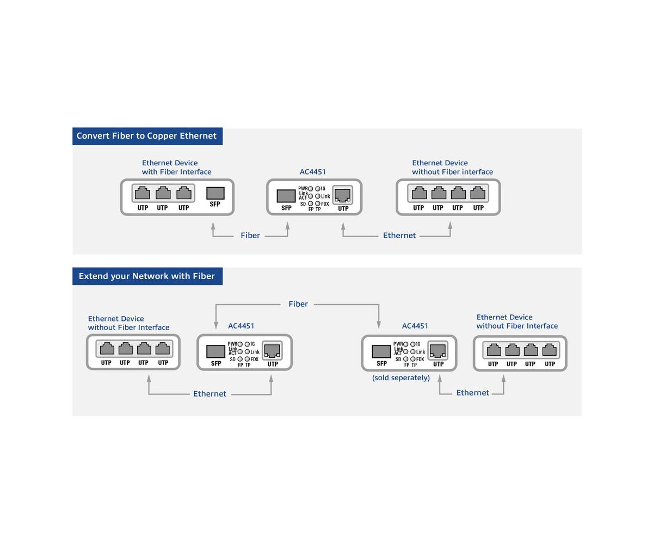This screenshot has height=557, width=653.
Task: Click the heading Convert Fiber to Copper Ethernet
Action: [x=146, y=136]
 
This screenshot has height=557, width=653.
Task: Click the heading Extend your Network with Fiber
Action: [x=146, y=276]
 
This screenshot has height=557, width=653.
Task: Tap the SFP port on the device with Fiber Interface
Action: [x=215, y=193]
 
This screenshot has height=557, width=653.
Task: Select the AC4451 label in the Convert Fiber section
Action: [x=312, y=172]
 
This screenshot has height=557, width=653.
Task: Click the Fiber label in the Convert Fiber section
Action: [x=250, y=235]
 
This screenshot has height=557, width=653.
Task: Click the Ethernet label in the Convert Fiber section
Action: [x=399, y=235]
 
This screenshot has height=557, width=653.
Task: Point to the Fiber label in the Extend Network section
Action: [x=298, y=304]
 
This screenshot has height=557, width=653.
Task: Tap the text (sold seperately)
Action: [x=401, y=377]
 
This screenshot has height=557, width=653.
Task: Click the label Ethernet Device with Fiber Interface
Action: [x=177, y=168]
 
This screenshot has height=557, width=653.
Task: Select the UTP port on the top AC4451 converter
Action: [x=342, y=195]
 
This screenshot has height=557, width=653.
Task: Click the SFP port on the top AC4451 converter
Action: [x=286, y=196]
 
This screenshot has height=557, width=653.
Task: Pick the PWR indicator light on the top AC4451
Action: [x=311, y=189]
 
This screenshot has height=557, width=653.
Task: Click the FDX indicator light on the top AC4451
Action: [x=317, y=203]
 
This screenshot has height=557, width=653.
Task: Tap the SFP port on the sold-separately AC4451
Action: [x=381, y=351]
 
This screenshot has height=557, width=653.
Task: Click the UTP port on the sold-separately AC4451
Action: [x=438, y=350]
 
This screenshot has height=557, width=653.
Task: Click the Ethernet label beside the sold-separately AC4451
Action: [x=473, y=393]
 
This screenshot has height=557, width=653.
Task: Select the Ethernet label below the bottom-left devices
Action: [x=210, y=393]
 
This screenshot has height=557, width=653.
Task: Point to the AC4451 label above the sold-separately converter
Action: [x=415, y=326]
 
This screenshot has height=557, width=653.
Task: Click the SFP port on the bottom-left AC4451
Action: [x=216, y=351]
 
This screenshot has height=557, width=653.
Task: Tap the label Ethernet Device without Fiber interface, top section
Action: [x=452, y=168]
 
